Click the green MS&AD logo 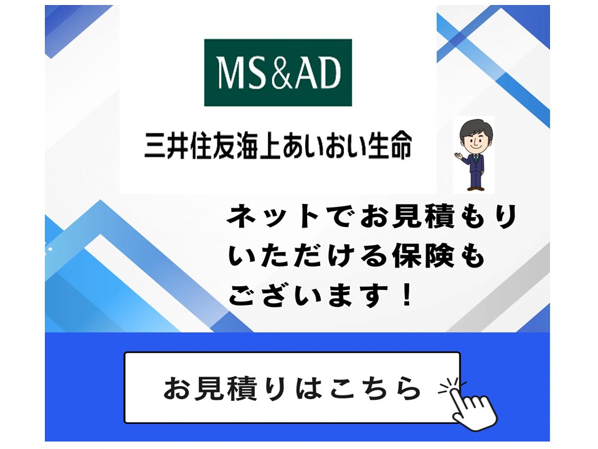coord(278,73)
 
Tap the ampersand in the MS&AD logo coord(280,74)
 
